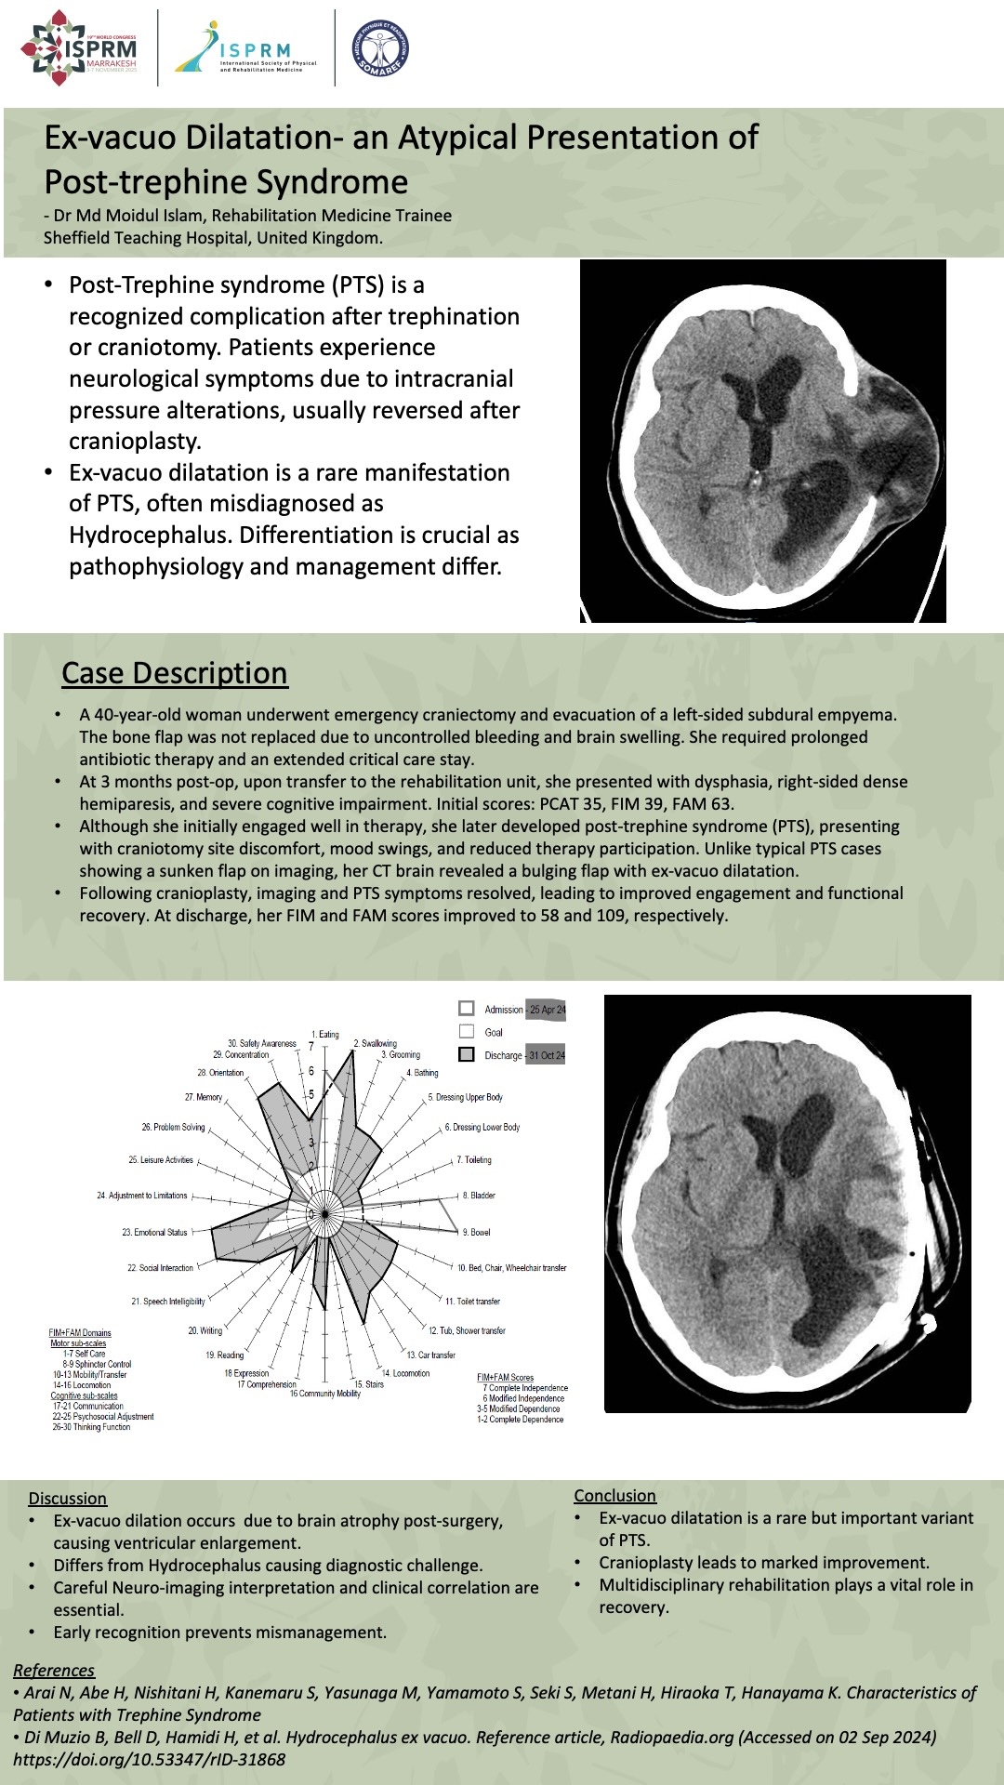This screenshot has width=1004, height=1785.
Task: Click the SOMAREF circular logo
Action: tap(380, 48)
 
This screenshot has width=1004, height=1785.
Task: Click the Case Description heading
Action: tap(175, 673)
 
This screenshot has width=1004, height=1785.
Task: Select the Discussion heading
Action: tap(67, 1498)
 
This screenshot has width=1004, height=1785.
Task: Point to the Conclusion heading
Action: tap(614, 1495)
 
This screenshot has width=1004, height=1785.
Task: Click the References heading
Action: tap(54, 1670)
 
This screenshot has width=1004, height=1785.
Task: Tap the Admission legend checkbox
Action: tap(467, 1009)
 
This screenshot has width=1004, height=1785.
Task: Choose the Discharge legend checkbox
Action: tap(467, 1054)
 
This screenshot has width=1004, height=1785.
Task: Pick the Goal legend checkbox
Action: tap(467, 1031)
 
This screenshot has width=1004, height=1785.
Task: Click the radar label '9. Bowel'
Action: tap(476, 1232)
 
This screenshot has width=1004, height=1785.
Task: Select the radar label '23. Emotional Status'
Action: tap(154, 1232)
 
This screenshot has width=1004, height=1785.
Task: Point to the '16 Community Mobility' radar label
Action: tap(324, 1394)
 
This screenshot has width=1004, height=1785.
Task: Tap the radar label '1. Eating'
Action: tap(325, 1034)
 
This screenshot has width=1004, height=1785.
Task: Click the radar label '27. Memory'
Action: tap(204, 1097)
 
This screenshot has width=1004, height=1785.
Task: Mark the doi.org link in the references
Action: tap(149, 1759)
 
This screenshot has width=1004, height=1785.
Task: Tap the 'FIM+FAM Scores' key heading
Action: tap(505, 1377)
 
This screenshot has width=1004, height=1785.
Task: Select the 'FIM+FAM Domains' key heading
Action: tap(80, 1332)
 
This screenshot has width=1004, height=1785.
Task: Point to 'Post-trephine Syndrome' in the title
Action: tap(226, 181)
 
